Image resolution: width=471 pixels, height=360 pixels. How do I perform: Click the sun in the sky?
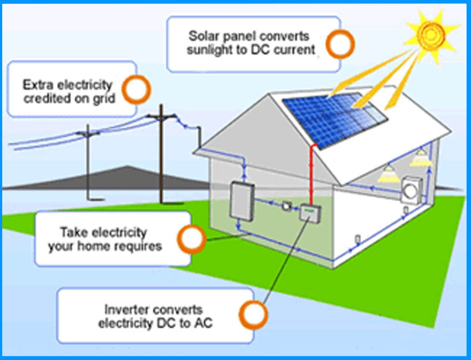[428, 33]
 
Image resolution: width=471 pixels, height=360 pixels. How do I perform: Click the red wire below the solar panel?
[312, 172]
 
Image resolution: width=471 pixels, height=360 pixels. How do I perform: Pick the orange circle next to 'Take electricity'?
[190, 239]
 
